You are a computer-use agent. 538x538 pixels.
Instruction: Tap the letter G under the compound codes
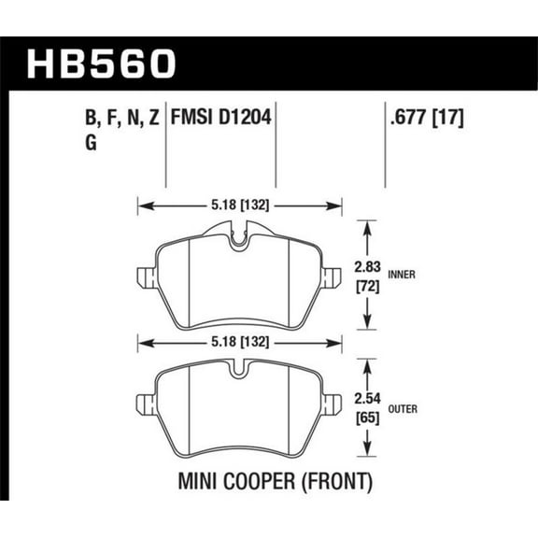77,143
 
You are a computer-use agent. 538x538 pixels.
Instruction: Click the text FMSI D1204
222,119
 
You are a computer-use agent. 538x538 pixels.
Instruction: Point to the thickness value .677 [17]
425,119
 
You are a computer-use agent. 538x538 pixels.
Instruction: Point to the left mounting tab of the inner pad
144,277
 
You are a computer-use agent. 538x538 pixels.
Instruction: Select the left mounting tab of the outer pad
144,403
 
